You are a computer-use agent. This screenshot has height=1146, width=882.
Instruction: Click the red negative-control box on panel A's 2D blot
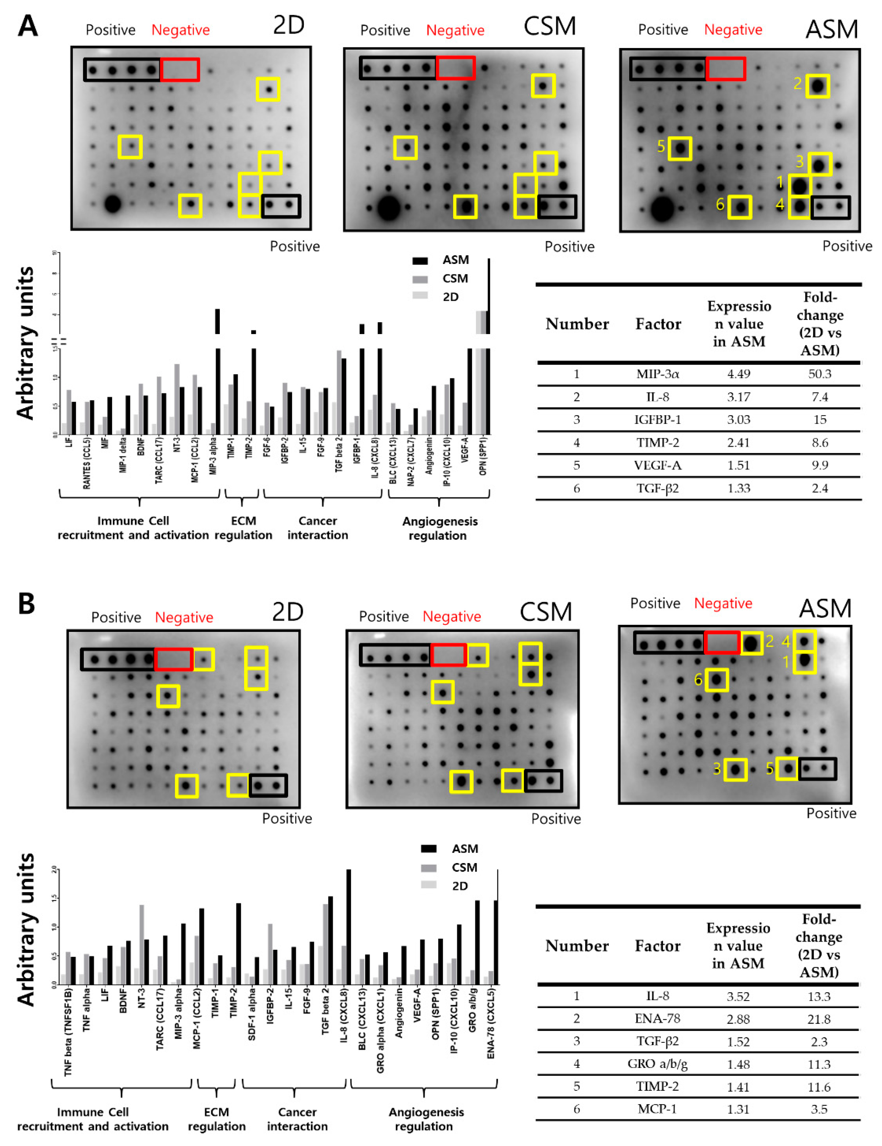(x=180, y=69)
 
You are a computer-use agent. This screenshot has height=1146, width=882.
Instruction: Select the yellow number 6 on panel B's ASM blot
(x=698, y=680)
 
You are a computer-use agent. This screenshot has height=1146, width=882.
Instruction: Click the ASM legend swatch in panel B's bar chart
(x=429, y=849)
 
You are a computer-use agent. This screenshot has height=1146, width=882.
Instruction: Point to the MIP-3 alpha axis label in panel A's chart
(x=212, y=455)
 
